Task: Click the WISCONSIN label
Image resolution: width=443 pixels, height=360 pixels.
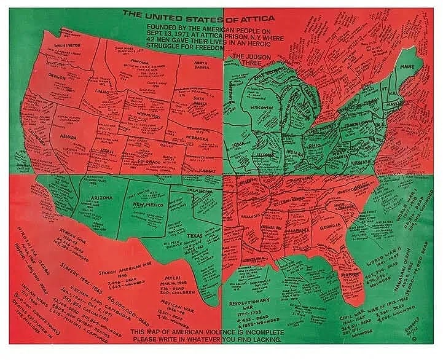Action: coord(265,106)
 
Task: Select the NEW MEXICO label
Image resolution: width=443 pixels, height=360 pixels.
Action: coord(146,204)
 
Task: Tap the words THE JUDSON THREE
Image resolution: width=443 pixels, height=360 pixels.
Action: coord(243,60)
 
